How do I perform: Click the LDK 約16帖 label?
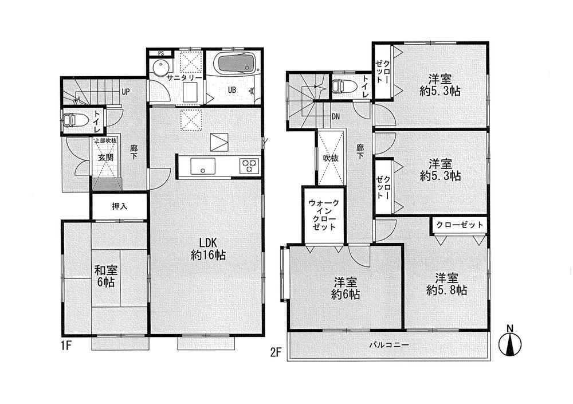pyautogui.click(x=207, y=248)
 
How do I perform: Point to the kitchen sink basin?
pyautogui.click(x=202, y=167)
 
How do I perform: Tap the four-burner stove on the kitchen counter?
pyautogui.click(x=250, y=166)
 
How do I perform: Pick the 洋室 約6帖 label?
pyautogui.click(x=346, y=288)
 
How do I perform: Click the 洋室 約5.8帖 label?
pyautogui.click(x=446, y=284)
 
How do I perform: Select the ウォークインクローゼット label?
pyautogui.click(x=324, y=215)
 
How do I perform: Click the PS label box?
pyautogui.click(x=160, y=54)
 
